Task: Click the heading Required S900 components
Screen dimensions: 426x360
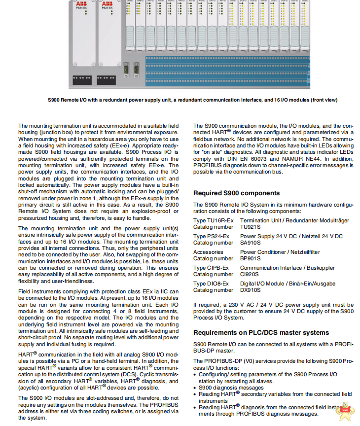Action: click(236, 193)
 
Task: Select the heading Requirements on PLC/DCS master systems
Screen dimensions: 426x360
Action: click(261, 332)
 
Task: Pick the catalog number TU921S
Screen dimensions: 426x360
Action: click(251, 227)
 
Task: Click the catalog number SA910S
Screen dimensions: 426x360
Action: click(251, 243)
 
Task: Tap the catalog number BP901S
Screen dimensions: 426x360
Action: click(251, 258)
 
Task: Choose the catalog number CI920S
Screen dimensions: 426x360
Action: click(250, 274)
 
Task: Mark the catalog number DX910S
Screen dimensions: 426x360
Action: click(251, 290)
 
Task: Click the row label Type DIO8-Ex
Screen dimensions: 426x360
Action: click(211, 284)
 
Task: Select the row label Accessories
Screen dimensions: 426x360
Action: click(208, 252)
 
